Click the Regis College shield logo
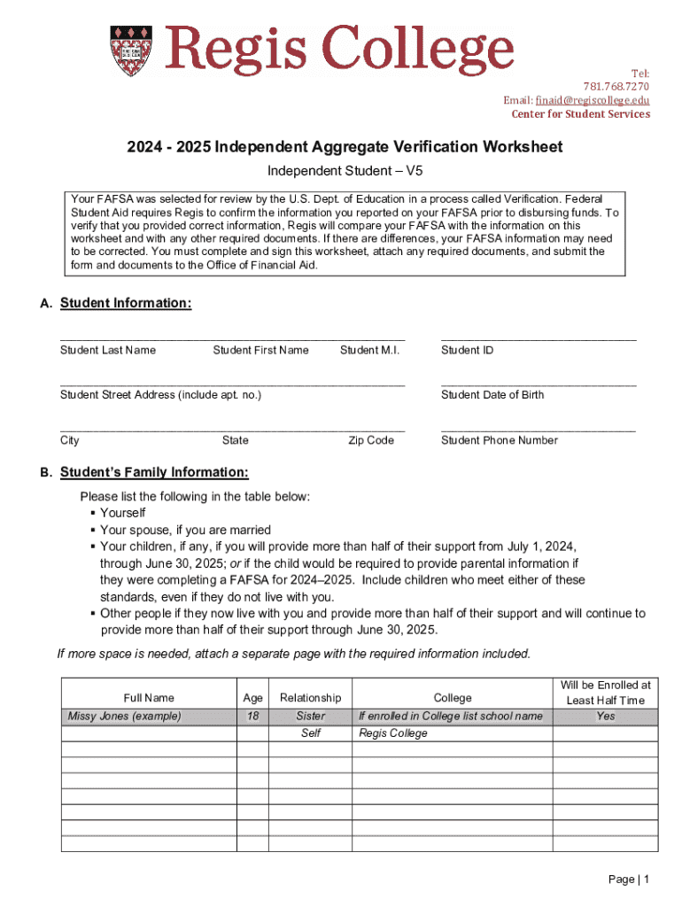click(x=125, y=51)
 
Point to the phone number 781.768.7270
click(x=616, y=87)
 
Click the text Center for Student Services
click(x=580, y=114)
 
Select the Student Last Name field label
click(x=108, y=351)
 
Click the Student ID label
click(x=467, y=351)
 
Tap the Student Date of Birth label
click(x=492, y=395)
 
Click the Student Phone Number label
click(x=500, y=440)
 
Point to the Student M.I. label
click(x=369, y=351)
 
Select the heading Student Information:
click(x=126, y=304)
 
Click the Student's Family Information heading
click(x=154, y=472)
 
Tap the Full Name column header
click(x=149, y=698)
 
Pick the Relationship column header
click(x=310, y=698)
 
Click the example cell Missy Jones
click(x=124, y=716)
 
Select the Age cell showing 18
click(x=252, y=716)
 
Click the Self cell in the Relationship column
click(x=310, y=733)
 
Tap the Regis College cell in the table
click(x=392, y=733)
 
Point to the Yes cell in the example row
click(x=605, y=716)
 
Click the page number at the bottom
click(x=630, y=880)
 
